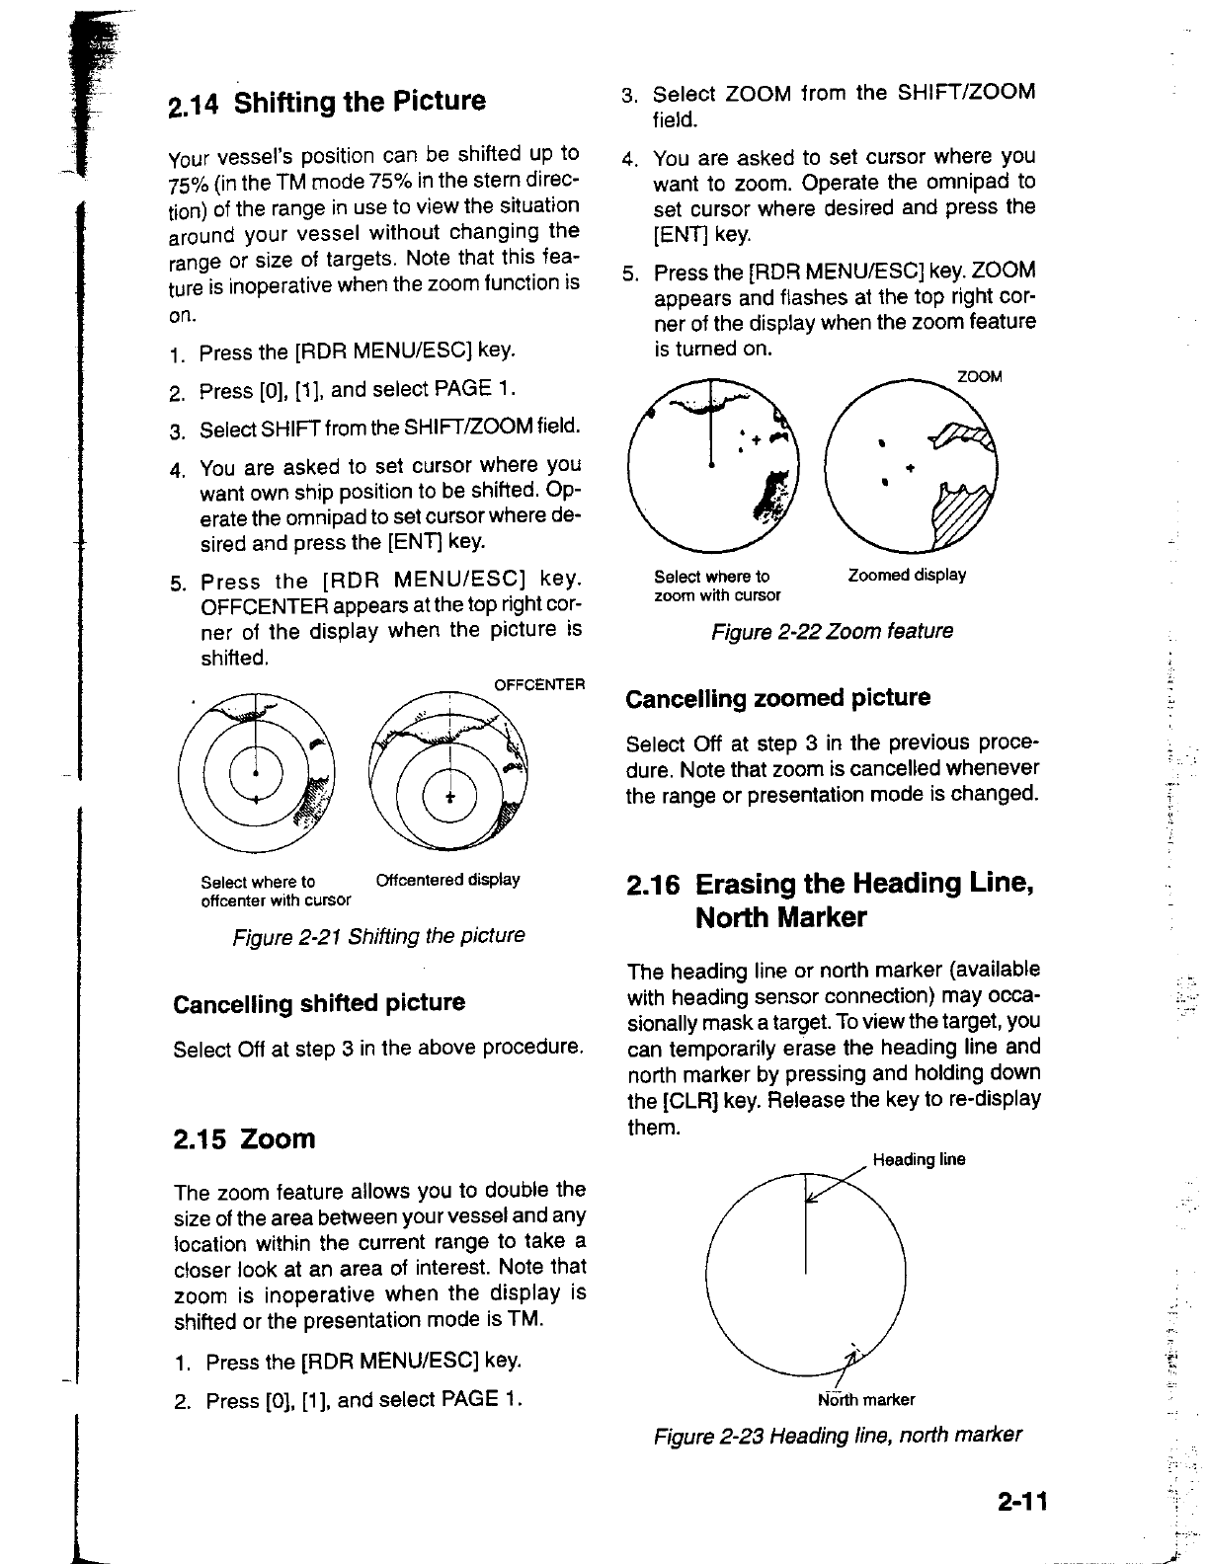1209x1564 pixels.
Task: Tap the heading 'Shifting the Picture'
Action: click(361, 102)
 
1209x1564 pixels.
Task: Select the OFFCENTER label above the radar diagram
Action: click(539, 684)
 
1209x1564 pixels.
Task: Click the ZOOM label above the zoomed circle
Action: click(980, 376)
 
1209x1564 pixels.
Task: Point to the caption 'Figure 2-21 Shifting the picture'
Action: click(378, 935)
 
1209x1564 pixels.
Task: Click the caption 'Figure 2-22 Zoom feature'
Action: click(832, 631)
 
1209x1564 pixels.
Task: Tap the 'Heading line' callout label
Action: click(919, 1159)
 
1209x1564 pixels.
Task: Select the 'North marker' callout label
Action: click(865, 1399)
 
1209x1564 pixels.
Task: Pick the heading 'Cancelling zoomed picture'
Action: click(778, 698)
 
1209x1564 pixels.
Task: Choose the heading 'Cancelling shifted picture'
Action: click(319, 1003)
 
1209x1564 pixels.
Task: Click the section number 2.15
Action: click(201, 1139)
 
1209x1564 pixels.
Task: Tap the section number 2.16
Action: click(654, 883)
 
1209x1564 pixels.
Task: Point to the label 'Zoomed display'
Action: click(907, 575)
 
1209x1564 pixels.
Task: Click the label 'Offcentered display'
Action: click(447, 880)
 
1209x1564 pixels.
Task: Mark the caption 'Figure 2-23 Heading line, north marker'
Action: click(838, 1435)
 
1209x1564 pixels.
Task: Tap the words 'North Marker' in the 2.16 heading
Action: click(780, 918)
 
